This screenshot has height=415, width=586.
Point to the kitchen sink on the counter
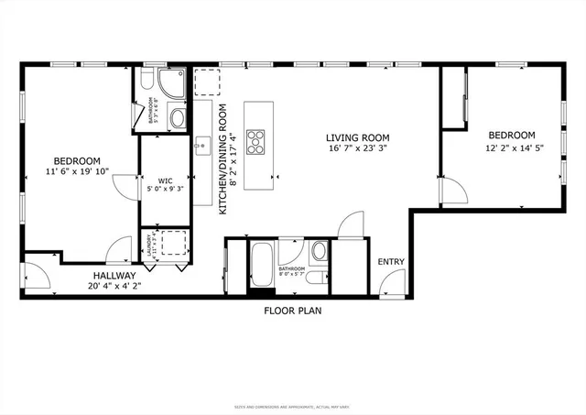[202, 145]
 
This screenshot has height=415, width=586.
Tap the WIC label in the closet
[165, 180]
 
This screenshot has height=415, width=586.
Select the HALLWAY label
[113, 275]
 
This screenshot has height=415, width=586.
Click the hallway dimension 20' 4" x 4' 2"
[113, 286]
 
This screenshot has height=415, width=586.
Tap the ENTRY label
[391, 262]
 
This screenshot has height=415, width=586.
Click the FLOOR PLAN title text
[293, 311]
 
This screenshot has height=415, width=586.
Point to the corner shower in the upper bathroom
[175, 82]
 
